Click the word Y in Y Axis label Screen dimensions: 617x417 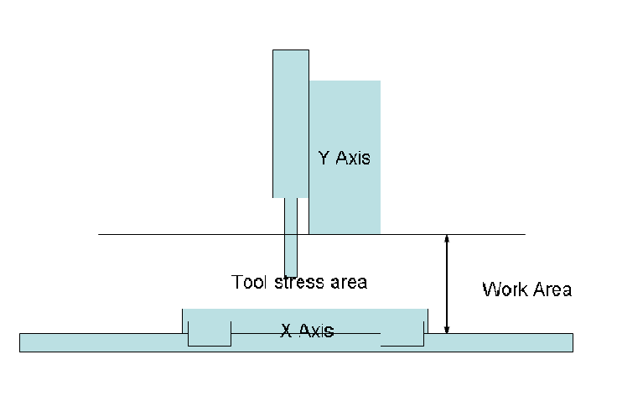(x=324, y=158)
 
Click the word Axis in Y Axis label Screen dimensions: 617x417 (x=353, y=158)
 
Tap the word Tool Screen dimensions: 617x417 (x=249, y=282)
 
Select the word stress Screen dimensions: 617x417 (x=299, y=282)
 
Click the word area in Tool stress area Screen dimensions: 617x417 (x=349, y=283)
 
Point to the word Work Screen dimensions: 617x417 (x=505, y=289)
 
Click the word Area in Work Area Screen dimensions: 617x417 (x=552, y=289)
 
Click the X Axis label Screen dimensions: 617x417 (x=307, y=331)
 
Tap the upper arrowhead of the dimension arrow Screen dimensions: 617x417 (x=447, y=238)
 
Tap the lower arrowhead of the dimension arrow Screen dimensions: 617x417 (x=447, y=329)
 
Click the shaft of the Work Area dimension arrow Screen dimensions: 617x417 (x=447, y=284)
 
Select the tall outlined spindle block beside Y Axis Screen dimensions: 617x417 (x=291, y=123)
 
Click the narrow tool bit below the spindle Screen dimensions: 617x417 (x=291, y=237)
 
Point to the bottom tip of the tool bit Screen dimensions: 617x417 (x=291, y=277)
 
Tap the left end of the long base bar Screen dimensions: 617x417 (x=20, y=342)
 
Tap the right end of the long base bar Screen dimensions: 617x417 (x=573, y=342)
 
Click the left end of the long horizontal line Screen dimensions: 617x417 (x=99, y=234)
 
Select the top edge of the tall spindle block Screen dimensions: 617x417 (x=291, y=50)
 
